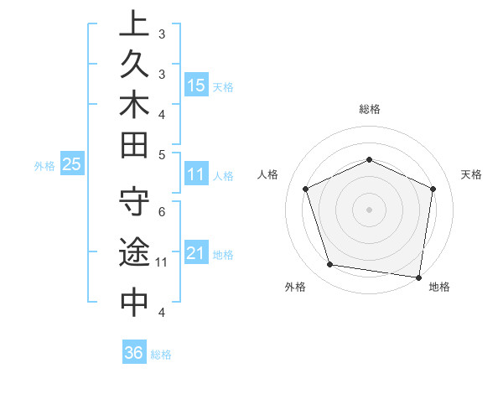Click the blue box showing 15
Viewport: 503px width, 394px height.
[x=196, y=85]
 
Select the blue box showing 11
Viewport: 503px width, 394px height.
[x=196, y=175]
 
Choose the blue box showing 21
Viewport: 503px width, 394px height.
[x=196, y=254]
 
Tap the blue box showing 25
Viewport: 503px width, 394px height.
[x=72, y=165]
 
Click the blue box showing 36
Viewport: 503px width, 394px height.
[x=134, y=353]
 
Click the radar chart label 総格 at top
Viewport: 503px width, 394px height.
[x=370, y=109]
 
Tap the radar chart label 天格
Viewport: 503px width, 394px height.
[x=471, y=174]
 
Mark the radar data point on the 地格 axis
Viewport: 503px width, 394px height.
[x=419, y=277]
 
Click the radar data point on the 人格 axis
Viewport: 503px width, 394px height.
[x=306, y=189]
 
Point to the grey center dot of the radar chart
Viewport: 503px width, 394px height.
[x=370, y=209]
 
